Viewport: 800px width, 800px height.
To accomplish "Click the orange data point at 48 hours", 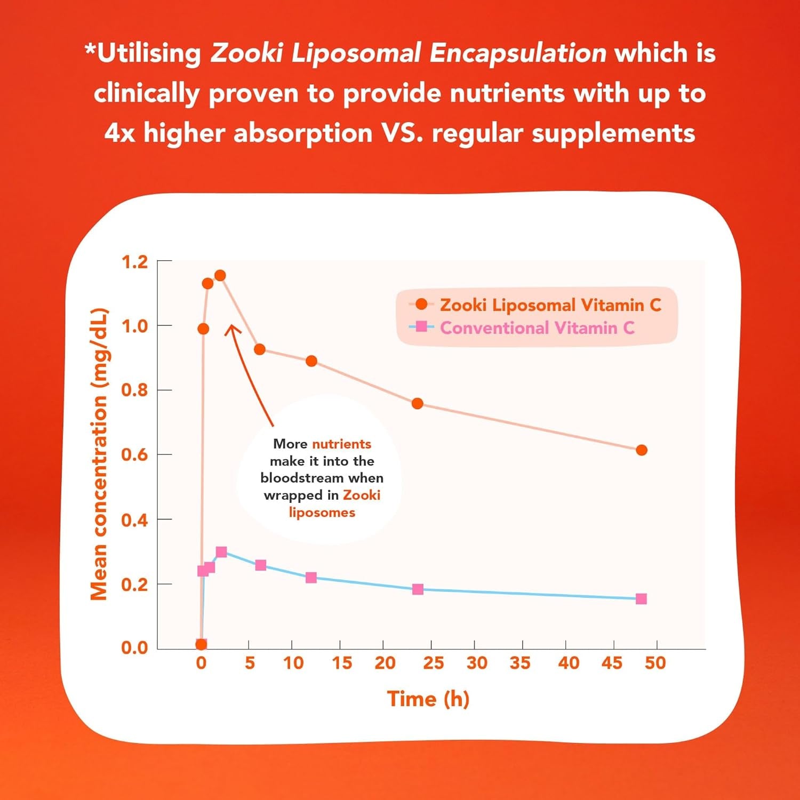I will tap(642, 450).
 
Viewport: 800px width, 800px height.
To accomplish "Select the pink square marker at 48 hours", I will tap(641, 599).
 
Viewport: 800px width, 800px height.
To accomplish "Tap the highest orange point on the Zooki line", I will tap(220, 276).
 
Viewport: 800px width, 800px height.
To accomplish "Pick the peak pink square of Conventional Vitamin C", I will tap(221, 552).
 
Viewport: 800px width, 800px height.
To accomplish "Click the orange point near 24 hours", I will tap(418, 404).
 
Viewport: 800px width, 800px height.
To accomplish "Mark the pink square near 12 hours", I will tap(311, 578).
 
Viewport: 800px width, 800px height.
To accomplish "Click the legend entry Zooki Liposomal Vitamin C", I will tap(549, 305).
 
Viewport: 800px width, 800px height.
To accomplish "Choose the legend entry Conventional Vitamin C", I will tap(537, 327).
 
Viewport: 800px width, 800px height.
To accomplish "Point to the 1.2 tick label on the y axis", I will tap(134, 262).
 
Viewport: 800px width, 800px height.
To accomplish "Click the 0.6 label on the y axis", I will tap(134, 455).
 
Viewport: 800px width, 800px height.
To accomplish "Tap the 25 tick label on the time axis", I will tap(433, 663).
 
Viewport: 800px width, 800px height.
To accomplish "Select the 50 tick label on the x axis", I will tap(655, 663).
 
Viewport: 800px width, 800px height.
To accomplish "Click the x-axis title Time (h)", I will tap(428, 699).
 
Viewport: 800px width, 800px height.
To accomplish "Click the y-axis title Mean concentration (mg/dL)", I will tap(99, 454).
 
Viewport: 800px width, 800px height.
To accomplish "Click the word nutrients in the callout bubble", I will tap(341, 444).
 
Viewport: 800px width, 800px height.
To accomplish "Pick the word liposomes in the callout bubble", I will tap(322, 513).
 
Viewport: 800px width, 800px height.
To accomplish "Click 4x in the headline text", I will tap(119, 133).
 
